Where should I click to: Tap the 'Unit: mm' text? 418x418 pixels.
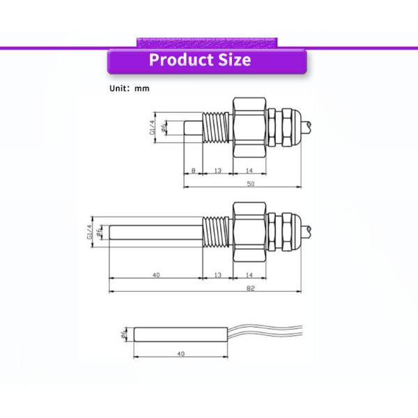[129, 88]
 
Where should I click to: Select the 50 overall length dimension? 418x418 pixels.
[251, 183]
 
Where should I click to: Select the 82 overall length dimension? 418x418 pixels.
[250, 288]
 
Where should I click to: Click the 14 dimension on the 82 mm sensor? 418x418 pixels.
[249, 275]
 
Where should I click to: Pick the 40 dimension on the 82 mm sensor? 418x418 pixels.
[156, 275]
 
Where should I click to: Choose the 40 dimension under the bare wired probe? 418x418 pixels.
[181, 354]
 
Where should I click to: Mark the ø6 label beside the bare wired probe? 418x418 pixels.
[125, 334]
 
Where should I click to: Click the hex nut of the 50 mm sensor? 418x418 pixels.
[249, 129]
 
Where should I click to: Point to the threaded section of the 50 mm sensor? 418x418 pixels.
[217, 129]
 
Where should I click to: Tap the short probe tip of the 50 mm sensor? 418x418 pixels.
[193, 130]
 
